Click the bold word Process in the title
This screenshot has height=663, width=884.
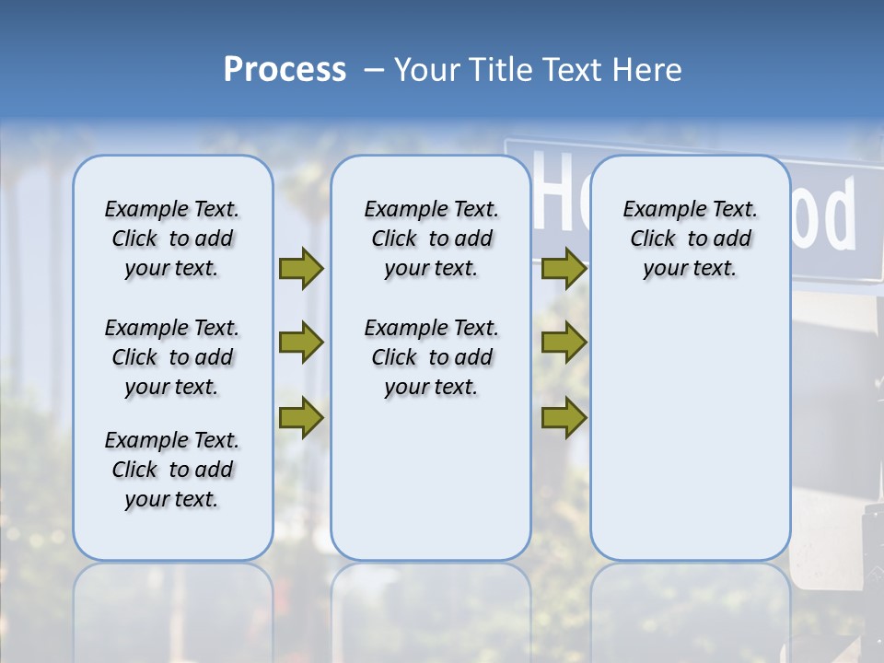pos(285,70)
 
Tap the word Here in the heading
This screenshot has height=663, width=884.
pos(648,70)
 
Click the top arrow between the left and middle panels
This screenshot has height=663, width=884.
pos(301,269)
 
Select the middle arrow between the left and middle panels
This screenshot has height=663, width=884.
pos(301,343)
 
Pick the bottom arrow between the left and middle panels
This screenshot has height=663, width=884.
pos(301,417)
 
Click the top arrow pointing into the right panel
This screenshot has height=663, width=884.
pos(564,269)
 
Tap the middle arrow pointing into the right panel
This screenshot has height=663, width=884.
pos(564,343)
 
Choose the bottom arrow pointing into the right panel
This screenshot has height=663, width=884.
pos(564,417)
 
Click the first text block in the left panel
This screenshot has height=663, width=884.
pos(172,238)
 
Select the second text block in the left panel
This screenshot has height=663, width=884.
pos(172,357)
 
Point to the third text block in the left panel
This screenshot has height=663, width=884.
pos(172,470)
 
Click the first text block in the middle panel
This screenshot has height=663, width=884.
pos(431,238)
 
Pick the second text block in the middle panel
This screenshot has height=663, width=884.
pos(431,357)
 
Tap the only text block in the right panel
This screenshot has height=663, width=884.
pos(690,238)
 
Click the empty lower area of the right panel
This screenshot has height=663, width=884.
pos(690,433)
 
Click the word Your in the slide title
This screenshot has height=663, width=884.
pos(427,70)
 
